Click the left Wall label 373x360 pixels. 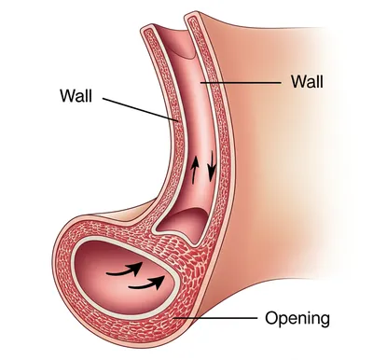coord(77,94)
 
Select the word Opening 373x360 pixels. coord(298,319)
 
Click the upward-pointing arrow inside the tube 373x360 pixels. coord(195,171)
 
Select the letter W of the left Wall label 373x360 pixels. coord(64,94)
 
